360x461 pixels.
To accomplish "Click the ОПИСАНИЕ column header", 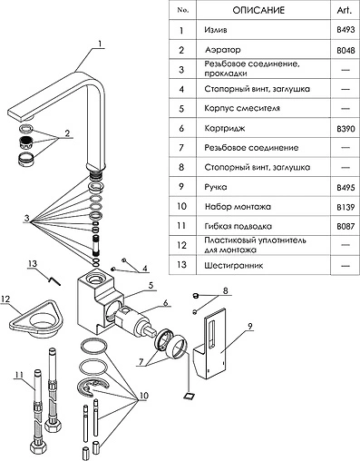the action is tap(258, 10).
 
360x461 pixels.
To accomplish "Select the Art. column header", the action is tap(345, 10).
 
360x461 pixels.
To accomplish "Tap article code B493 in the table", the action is tap(345, 30).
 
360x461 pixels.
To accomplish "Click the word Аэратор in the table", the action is tap(223, 50).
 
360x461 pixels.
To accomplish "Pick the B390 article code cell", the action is tap(345, 129).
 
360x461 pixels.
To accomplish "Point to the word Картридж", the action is tap(225, 128).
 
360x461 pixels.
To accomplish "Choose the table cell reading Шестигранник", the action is tap(234, 266).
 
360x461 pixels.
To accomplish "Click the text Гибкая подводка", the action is tap(238, 226).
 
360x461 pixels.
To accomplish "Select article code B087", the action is tap(345, 226).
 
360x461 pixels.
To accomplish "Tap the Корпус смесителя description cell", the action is tap(242, 108).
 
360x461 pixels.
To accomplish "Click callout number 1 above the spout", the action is tap(100, 44).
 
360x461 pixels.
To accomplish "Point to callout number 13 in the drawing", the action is tap(33, 263).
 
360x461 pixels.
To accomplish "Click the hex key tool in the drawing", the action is tap(54, 280).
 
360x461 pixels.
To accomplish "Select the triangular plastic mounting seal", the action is tap(36, 319).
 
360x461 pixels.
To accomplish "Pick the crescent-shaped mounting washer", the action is tap(92, 387).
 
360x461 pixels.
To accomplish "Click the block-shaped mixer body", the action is tap(100, 301).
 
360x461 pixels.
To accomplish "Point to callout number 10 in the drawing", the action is tap(143, 396).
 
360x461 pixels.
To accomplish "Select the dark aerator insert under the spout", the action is tap(26, 142).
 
